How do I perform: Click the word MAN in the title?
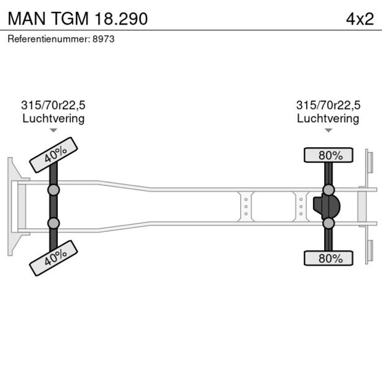click(x=26, y=18)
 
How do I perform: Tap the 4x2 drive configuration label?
click(x=360, y=18)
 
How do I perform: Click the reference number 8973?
click(x=104, y=39)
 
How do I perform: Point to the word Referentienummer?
click(x=48, y=39)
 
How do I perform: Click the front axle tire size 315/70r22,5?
click(x=53, y=105)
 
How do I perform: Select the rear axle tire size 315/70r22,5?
click(x=328, y=105)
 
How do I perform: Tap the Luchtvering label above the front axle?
click(x=53, y=118)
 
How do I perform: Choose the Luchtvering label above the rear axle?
click(x=328, y=118)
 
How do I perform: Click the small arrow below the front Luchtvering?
click(x=54, y=130)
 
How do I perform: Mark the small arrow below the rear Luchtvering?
click(x=328, y=130)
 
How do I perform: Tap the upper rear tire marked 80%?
click(x=329, y=155)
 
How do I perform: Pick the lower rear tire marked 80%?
click(x=329, y=258)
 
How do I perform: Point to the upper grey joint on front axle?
click(x=54, y=190)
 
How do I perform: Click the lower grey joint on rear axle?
click(x=329, y=223)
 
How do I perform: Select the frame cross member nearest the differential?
click(x=301, y=206)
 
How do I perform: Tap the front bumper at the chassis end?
click(x=12, y=206)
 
